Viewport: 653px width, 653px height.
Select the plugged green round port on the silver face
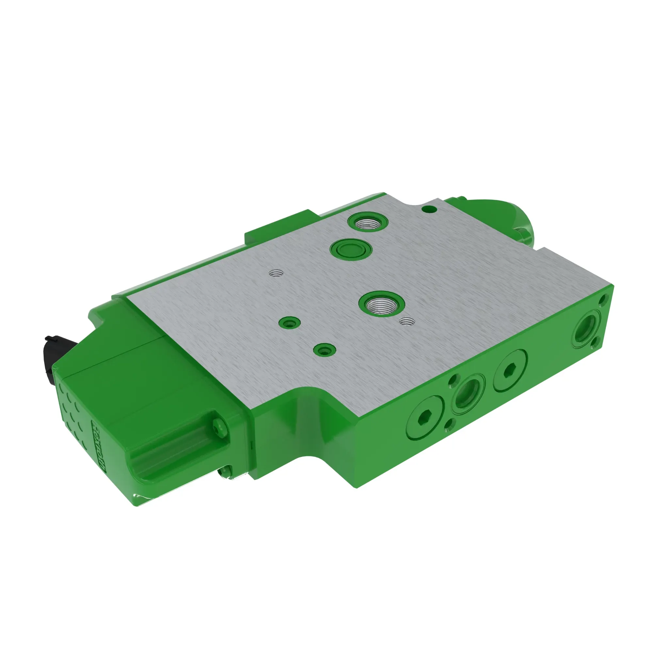(x=350, y=250)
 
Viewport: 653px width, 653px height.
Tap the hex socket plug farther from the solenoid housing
(x=510, y=371)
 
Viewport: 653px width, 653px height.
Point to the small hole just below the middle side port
(x=450, y=422)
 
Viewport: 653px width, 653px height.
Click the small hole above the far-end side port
(x=603, y=299)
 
